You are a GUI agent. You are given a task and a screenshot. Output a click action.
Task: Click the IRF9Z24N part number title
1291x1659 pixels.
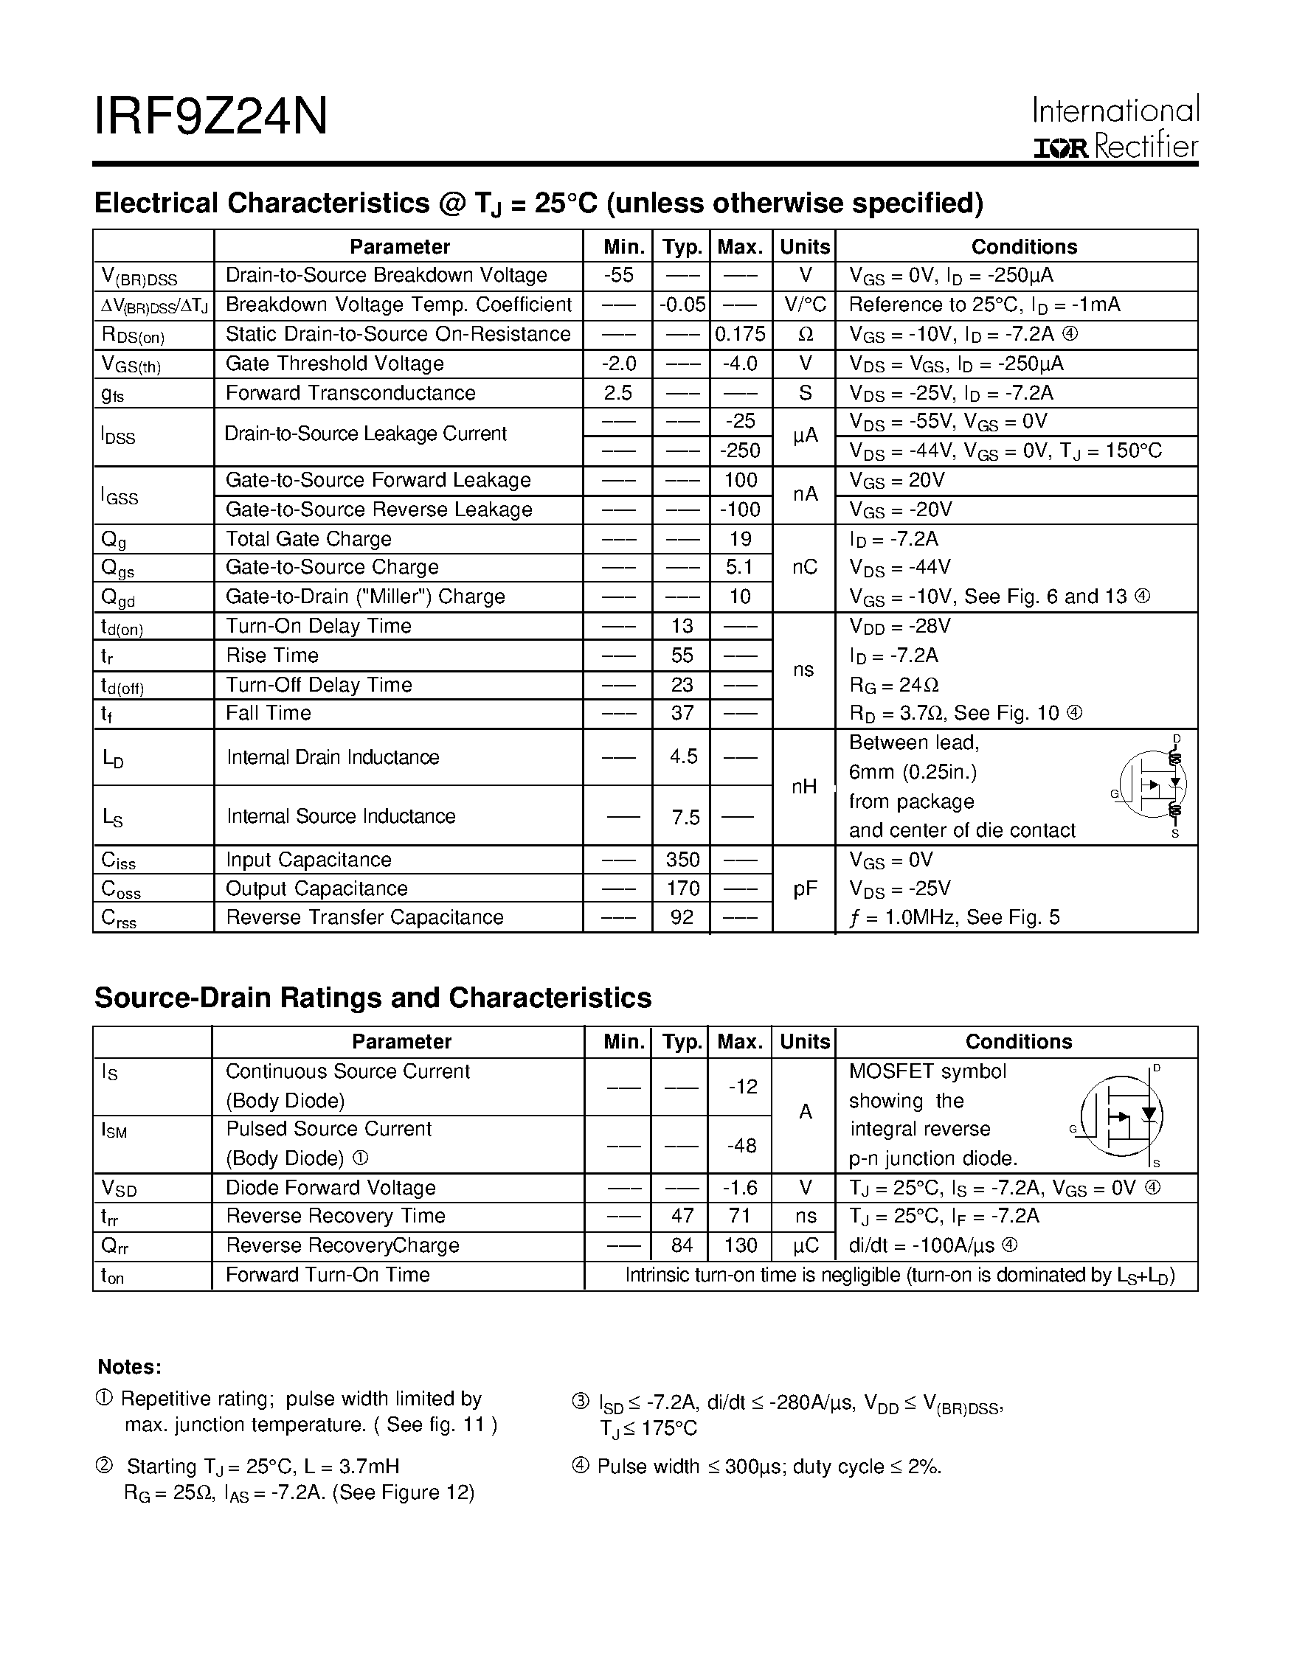[x=210, y=116]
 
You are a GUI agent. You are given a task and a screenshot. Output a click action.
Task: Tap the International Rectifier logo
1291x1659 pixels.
[x=1115, y=128]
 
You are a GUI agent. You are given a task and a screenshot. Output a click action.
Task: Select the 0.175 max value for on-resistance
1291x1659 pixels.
[x=740, y=334]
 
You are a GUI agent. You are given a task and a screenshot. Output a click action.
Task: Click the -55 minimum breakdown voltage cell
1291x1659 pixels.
[x=618, y=275]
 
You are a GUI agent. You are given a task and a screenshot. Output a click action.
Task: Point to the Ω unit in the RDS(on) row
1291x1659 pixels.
[x=806, y=334]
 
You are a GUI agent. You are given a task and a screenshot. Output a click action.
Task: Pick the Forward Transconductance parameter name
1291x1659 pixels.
[x=350, y=393]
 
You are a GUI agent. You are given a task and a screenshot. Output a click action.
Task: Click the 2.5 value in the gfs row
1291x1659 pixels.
[x=618, y=393]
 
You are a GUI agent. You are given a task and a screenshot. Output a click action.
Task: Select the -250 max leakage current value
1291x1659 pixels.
[x=740, y=451]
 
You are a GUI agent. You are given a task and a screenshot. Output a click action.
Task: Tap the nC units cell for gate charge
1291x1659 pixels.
[x=805, y=568]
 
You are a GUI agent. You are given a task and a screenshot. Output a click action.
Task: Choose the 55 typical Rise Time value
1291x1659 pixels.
[x=682, y=655]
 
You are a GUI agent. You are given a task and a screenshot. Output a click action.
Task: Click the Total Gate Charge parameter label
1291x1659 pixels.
[x=308, y=538]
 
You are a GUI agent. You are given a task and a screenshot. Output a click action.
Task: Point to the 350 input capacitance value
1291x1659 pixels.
[x=682, y=859]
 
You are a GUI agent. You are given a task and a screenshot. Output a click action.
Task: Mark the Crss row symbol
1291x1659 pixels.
[x=119, y=919]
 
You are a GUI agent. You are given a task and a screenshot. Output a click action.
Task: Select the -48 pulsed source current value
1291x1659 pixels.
[x=741, y=1145]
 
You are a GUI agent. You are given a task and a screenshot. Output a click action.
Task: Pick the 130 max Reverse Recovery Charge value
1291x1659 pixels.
[x=740, y=1246]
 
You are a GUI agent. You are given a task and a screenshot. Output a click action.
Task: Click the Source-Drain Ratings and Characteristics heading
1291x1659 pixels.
[x=373, y=998]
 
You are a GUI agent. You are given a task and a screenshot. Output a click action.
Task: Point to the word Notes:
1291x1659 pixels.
[x=129, y=1367]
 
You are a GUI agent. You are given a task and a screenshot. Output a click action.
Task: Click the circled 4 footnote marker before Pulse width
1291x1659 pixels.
[x=581, y=1466]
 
